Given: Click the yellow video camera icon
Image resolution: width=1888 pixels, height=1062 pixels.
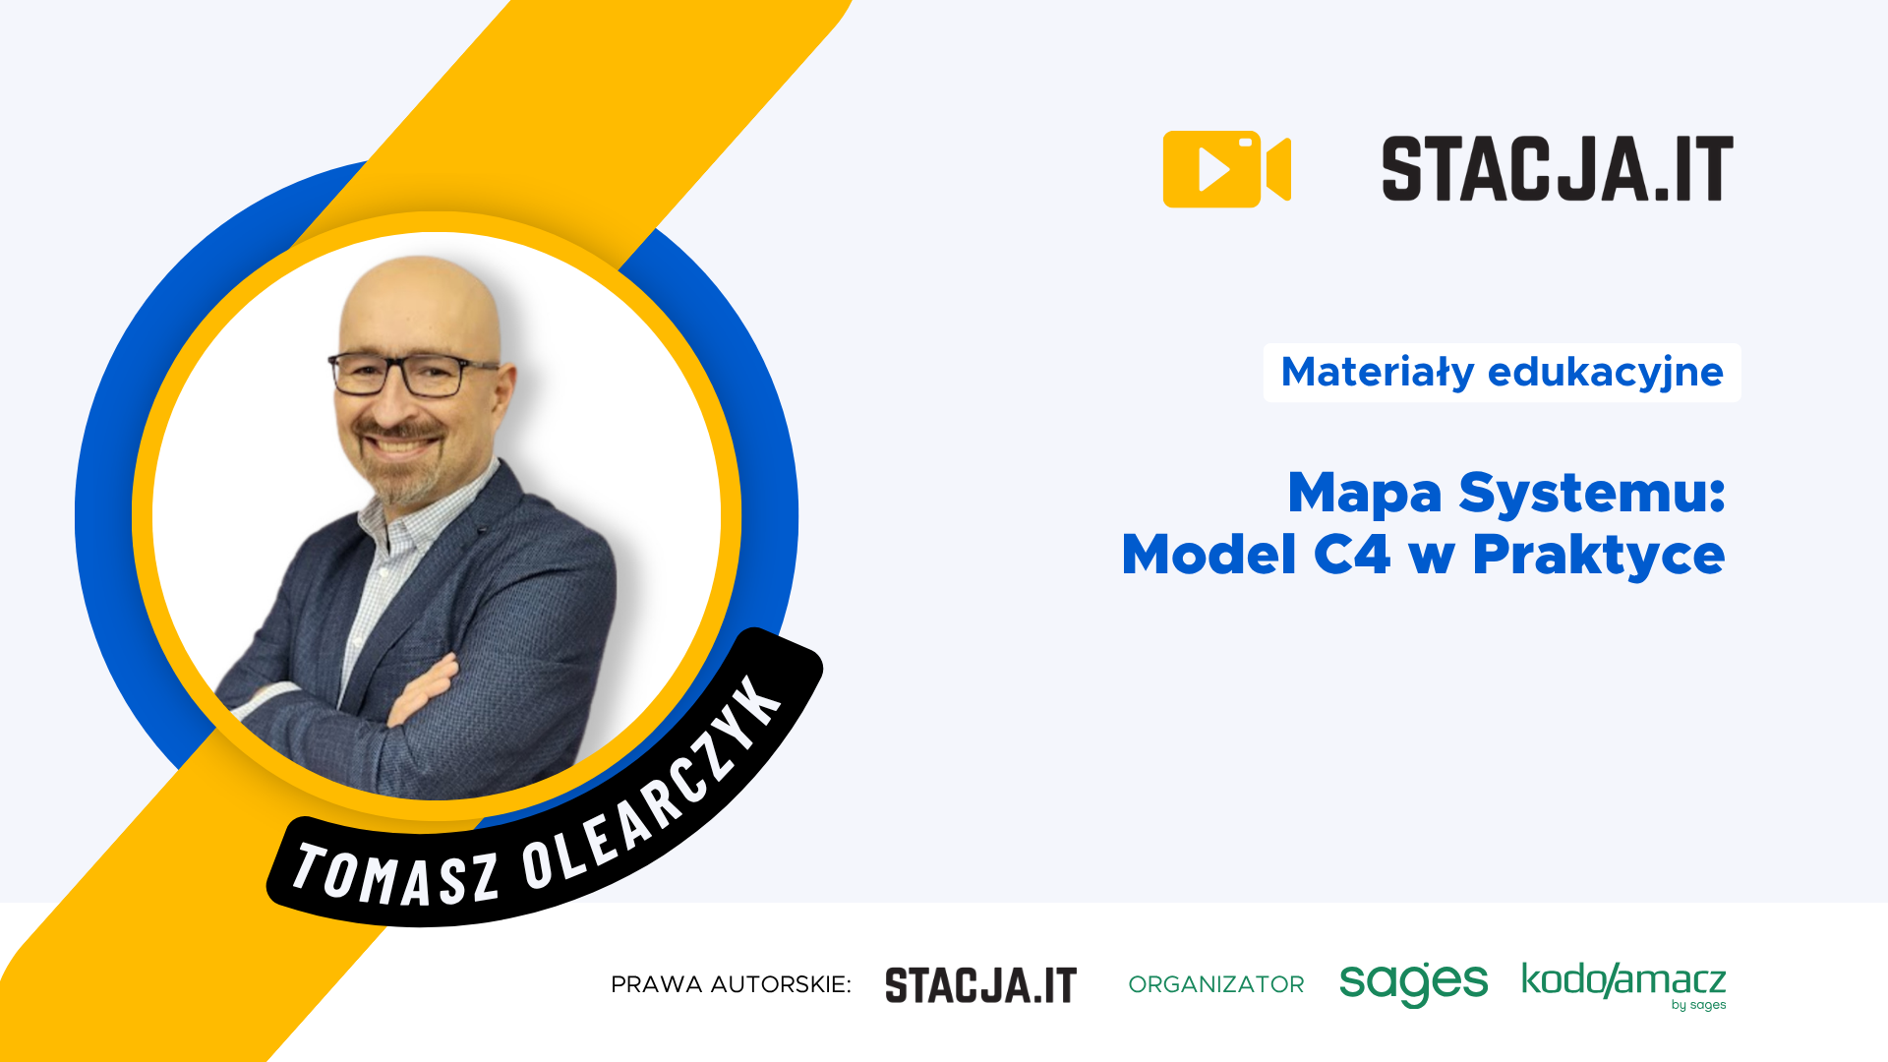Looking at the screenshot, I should point(1225,169).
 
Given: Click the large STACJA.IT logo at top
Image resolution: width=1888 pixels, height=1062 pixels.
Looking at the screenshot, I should point(1557,169).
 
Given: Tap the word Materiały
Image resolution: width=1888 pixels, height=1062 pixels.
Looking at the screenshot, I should point(1378,373).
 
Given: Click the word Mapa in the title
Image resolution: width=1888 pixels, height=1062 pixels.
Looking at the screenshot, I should point(1364,493).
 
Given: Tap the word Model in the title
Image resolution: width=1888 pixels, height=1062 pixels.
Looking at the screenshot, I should point(1209,555).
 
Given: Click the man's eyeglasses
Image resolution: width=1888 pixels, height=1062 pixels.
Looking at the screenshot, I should point(413,374).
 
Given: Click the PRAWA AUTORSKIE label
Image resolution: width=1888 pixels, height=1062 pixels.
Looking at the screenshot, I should point(731,984).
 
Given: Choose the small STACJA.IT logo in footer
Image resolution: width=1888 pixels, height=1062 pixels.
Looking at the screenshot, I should point(980,985).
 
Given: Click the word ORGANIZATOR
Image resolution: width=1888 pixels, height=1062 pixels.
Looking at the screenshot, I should point(1215,984).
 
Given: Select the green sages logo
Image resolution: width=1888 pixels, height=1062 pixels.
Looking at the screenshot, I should point(1413,983).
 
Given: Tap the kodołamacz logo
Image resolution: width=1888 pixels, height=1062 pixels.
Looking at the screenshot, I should point(1623,983).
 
